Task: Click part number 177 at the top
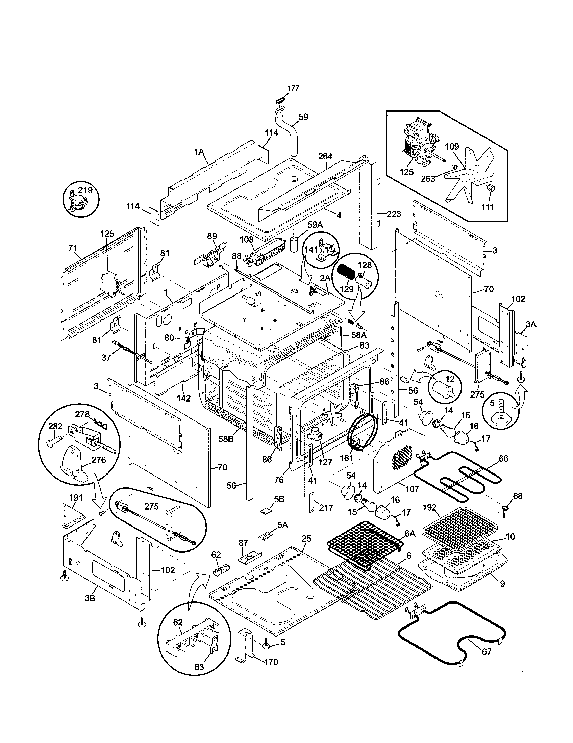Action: tap(293, 88)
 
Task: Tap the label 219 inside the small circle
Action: tap(85, 190)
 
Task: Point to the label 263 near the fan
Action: tap(428, 179)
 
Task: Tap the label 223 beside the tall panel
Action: tap(394, 214)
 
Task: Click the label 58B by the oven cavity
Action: tap(226, 439)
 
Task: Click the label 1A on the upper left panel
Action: tap(199, 152)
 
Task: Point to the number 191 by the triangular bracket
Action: tap(76, 498)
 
